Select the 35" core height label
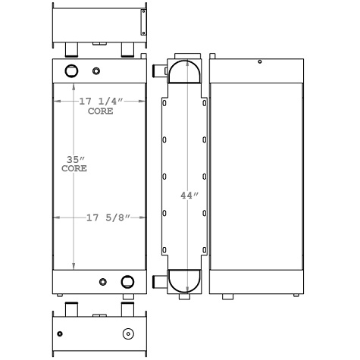(x=74, y=160)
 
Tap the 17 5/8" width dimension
(x=105, y=218)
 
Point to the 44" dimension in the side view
(x=189, y=195)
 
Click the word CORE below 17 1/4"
(x=100, y=111)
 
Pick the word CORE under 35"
(x=74, y=169)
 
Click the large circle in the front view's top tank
(x=72, y=71)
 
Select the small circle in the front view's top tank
(x=95, y=72)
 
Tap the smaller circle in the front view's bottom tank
(x=103, y=283)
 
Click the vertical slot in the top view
(x=142, y=23)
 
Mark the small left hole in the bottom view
(x=59, y=333)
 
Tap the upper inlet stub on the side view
(x=158, y=71)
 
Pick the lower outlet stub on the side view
(x=158, y=283)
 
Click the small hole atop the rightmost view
(x=259, y=61)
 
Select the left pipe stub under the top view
(x=71, y=50)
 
